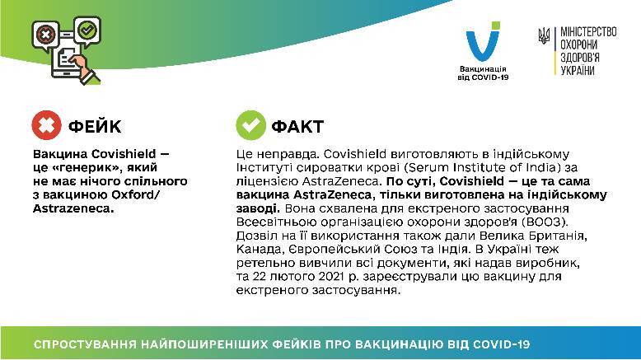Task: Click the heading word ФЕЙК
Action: tap(95, 126)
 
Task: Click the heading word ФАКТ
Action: tap(297, 126)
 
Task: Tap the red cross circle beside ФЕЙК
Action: tap(47, 125)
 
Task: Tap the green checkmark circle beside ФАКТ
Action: tap(250, 125)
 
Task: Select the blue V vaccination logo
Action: tap(483, 41)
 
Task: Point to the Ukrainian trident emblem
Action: tap(544, 36)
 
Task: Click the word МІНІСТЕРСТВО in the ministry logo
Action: tap(588, 32)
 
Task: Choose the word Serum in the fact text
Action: tap(426, 167)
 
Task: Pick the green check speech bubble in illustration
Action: tap(87, 30)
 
